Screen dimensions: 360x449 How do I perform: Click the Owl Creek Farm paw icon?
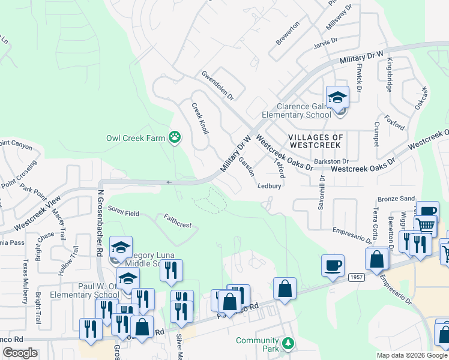coord(175,138)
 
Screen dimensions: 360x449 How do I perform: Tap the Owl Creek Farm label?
coord(135,138)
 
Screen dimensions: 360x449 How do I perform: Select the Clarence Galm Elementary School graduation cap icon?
coord(337,97)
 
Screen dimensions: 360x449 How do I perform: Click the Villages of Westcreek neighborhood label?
coord(316,141)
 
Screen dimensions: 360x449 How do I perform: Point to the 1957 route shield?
coord(356,275)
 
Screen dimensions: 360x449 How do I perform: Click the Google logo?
coord(20,353)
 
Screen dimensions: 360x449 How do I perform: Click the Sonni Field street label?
coord(124,211)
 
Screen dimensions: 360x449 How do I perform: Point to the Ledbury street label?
coord(270,186)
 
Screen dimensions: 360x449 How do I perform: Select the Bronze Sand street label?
coord(396,199)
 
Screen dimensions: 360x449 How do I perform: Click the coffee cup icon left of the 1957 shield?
coord(333,265)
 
